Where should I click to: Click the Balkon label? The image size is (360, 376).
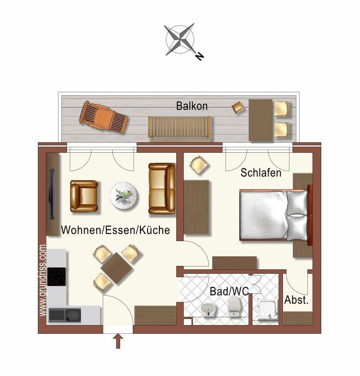pos(192,106)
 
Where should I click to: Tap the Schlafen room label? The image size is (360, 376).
pos(261,173)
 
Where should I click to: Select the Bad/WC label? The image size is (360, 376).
pos(229,291)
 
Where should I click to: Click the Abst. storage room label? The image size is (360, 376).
pos(296,300)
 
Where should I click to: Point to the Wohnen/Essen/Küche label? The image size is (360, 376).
pos(116,230)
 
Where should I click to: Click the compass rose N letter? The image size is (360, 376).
pos(199,56)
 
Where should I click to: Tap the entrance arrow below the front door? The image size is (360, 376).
pos(118,342)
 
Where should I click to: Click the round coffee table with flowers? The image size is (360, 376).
pos(124,196)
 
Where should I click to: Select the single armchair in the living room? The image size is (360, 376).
pos(84,196)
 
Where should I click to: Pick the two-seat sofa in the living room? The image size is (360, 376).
pos(162,188)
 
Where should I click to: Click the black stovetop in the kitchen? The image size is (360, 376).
pos(56,276)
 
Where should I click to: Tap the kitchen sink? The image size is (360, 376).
pos(65,315)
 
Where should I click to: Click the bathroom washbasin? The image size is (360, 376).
pos(209,309)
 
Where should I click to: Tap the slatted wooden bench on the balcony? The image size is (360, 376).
pos(180,128)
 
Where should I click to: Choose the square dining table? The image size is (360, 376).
pos(117,268)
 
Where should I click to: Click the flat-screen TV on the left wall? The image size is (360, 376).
pos(51,194)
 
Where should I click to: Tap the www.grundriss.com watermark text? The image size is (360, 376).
pos(43,280)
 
